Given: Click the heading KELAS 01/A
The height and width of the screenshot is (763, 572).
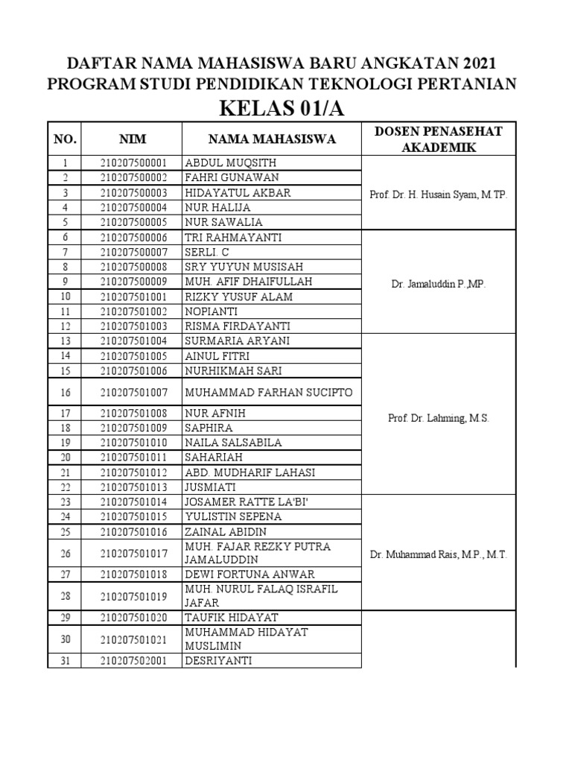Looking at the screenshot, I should tap(282, 108).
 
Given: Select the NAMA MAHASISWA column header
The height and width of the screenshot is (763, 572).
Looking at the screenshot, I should tap(272, 139).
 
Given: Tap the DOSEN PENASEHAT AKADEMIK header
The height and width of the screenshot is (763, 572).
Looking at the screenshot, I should tap(438, 139).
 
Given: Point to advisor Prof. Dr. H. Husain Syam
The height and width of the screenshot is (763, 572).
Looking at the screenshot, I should tap(438, 194).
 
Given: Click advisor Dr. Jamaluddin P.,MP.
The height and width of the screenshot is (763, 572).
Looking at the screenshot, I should tap(438, 285).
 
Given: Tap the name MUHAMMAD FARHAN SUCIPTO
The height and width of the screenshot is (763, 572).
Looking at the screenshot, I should tap(268, 393).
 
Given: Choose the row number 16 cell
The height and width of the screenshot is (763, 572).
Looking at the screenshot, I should tap(65, 393).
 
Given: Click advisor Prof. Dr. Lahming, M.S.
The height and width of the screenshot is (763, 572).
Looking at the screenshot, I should tap(438, 419).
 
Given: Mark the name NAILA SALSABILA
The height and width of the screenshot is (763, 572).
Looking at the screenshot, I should tap(233, 443).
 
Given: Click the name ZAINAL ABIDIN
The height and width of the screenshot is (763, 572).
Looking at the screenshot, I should tap(226, 531).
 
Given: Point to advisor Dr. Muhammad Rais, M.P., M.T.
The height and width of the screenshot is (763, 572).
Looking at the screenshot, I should tap(438, 555).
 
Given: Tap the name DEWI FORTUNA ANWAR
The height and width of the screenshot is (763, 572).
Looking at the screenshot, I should tap(250, 574).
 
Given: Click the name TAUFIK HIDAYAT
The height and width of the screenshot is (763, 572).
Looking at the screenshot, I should tap(232, 618).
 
